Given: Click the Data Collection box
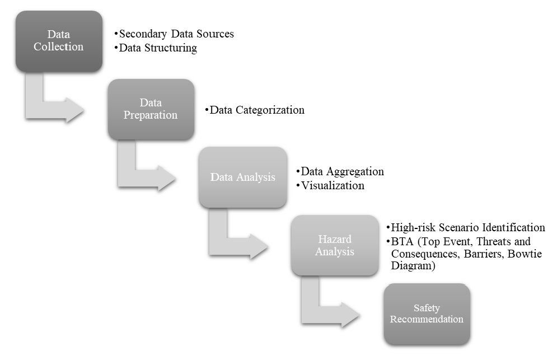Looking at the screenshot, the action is click(x=59, y=41).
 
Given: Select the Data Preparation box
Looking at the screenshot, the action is click(x=151, y=109).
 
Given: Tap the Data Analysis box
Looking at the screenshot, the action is click(x=243, y=177).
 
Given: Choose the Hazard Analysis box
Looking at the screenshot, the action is click(x=335, y=245).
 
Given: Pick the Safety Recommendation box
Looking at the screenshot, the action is click(x=426, y=314).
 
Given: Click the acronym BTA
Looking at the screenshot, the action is click(x=403, y=242).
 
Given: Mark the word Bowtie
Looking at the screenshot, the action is click(x=524, y=254).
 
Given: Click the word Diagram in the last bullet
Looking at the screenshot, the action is click(x=413, y=266).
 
